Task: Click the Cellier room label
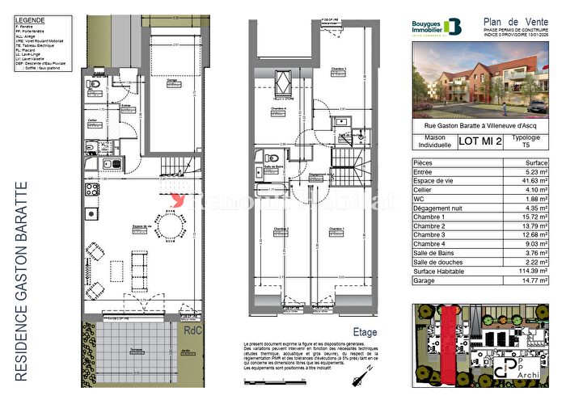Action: [x=94, y=120]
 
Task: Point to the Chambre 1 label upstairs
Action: [x=336, y=229]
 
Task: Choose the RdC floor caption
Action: [x=192, y=330]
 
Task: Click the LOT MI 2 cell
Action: [x=481, y=142]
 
